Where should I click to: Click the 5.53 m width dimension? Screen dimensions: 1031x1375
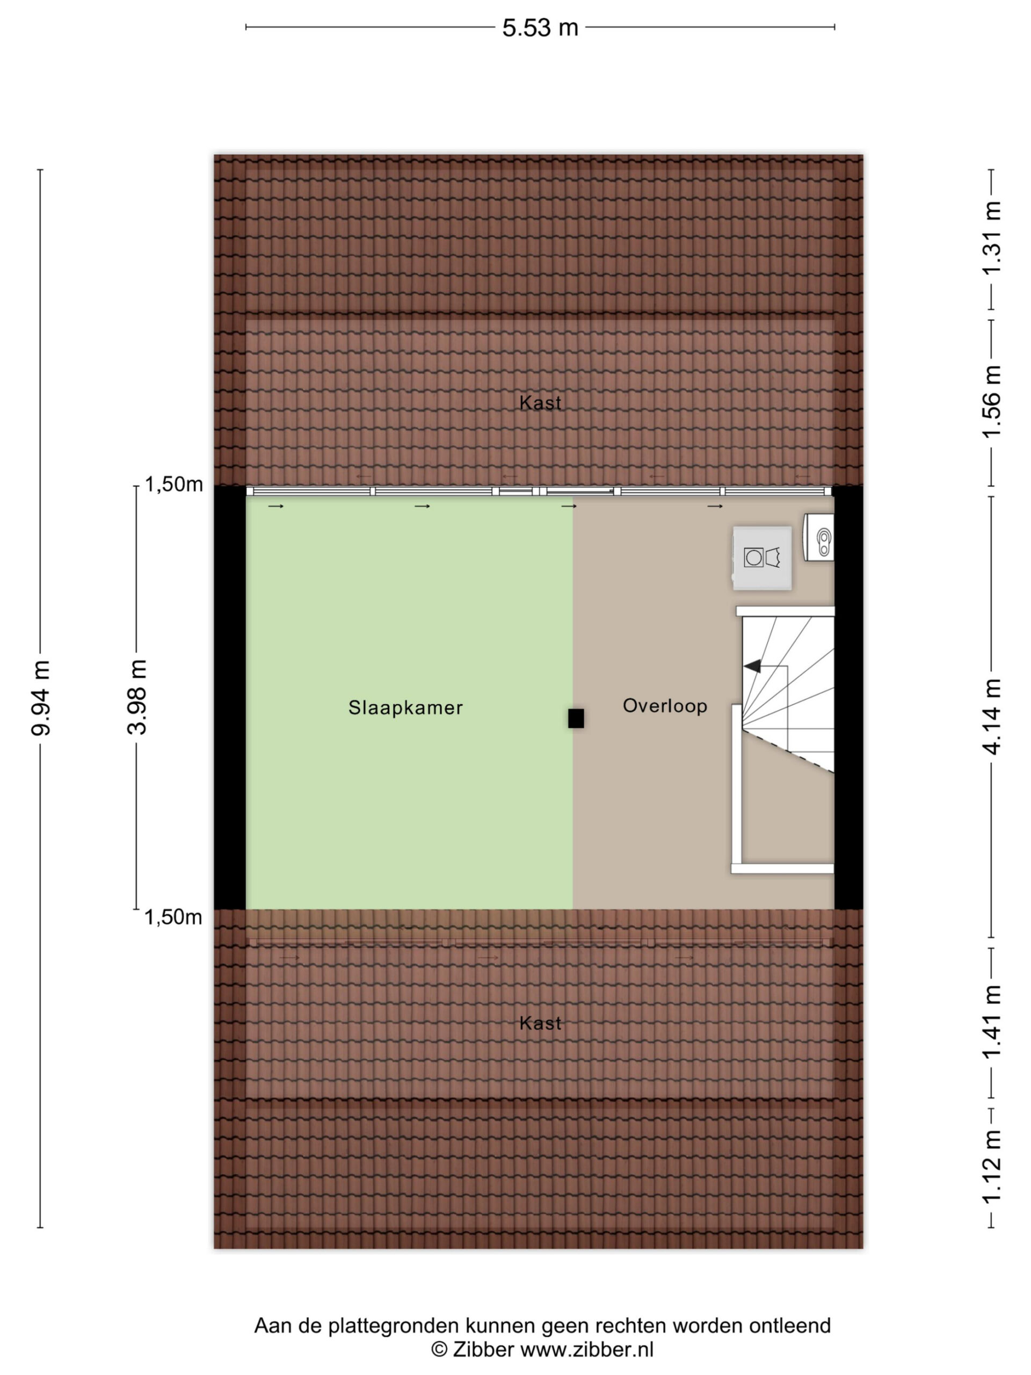540,28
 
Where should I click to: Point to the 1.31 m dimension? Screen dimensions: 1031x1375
991,238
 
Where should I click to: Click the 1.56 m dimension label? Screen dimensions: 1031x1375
991,402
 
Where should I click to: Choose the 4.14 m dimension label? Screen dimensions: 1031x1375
991,716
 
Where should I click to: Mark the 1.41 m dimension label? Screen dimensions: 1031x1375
991,1023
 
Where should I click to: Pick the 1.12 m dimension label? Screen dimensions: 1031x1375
991,1167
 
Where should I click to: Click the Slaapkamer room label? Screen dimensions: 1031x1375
405,707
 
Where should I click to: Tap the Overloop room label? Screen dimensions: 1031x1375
665,706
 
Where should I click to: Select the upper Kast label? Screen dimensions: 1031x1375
540,403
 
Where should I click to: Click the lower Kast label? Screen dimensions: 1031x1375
540,1023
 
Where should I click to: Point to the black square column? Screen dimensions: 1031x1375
576,719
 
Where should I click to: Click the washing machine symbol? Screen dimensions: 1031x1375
762,558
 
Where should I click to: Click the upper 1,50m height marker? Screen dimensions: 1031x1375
174,484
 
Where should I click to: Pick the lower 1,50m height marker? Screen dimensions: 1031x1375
173,917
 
